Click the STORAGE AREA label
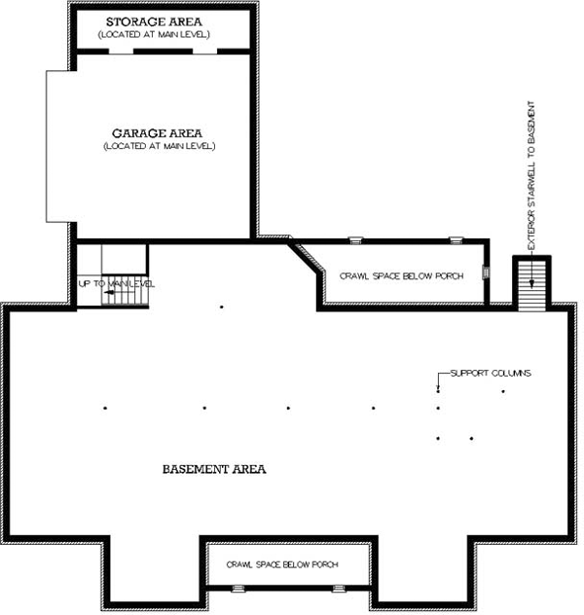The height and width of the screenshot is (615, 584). click(x=162, y=21)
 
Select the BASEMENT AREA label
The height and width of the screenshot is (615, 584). click(x=215, y=469)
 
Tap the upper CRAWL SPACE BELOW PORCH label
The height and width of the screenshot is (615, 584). click(x=401, y=276)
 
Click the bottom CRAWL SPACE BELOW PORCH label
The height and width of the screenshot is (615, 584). click(x=284, y=564)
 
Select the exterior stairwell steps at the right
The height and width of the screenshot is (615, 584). click(x=531, y=286)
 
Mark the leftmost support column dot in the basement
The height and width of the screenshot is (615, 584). click(x=105, y=408)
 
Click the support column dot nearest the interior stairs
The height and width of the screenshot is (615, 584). click(x=222, y=307)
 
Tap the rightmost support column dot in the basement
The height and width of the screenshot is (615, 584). click(x=503, y=392)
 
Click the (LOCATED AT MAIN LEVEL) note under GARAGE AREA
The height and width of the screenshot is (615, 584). click(x=160, y=146)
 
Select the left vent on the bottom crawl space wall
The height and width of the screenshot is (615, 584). click(x=237, y=588)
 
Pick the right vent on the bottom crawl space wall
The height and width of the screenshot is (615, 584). click(x=338, y=588)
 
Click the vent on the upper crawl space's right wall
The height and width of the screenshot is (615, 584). click(x=488, y=273)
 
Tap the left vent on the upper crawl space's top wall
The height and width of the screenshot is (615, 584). click(x=355, y=239)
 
